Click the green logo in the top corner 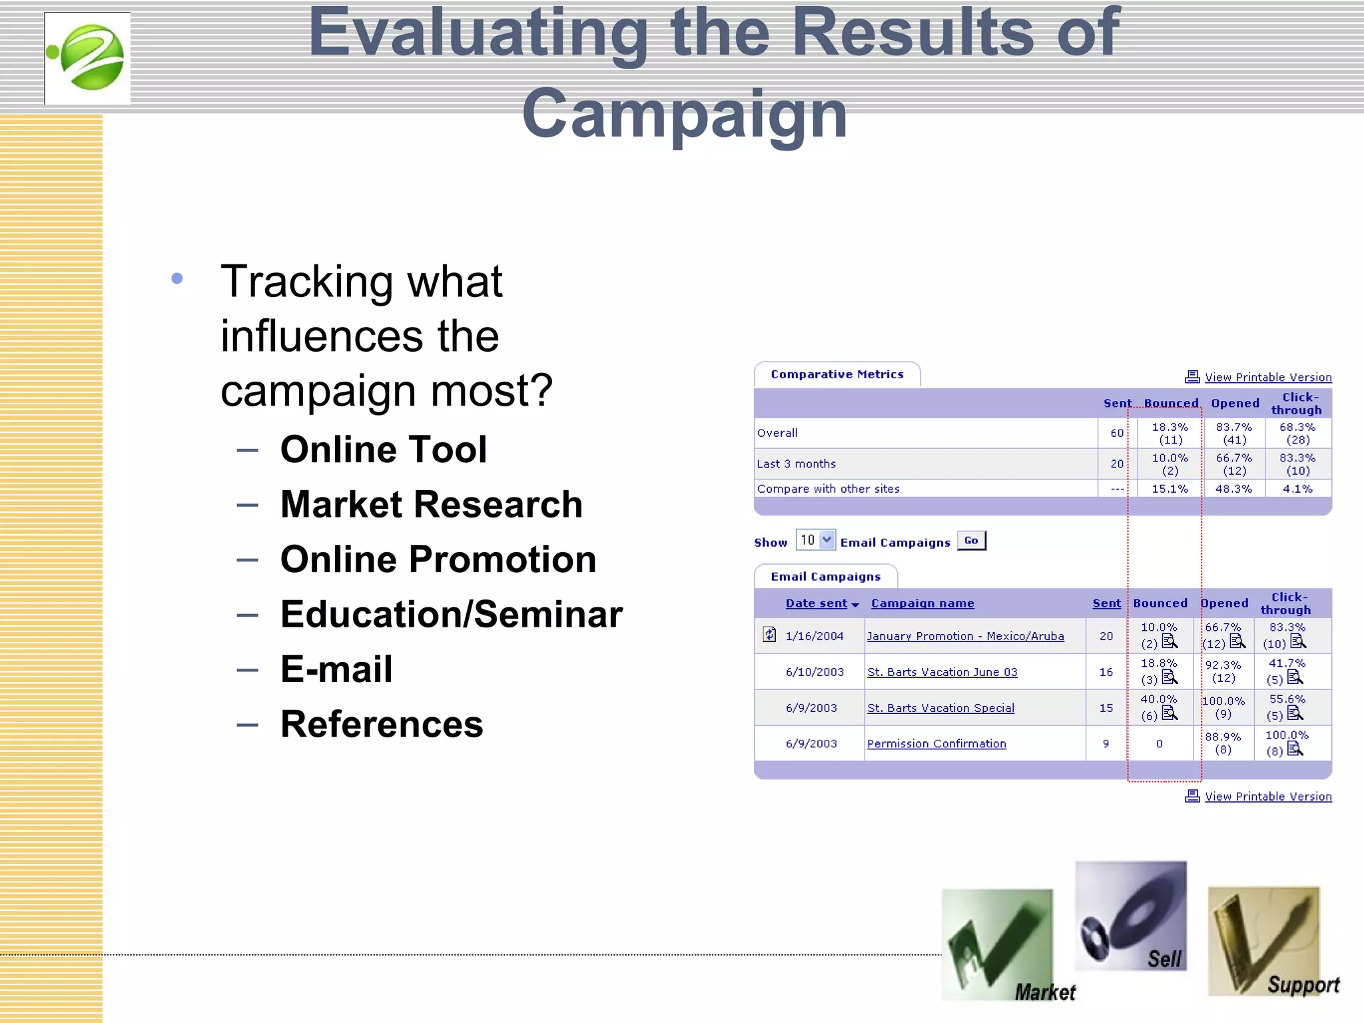87,59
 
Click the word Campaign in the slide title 684,115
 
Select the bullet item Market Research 431,504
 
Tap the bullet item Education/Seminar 451,614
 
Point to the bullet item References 381,724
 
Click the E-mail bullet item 336,669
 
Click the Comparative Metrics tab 837,375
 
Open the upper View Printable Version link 1267,378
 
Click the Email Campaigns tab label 825,577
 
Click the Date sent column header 817,603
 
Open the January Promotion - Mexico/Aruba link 965,636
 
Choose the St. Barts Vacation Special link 940,708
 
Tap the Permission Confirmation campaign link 936,744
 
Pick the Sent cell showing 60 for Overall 1117,433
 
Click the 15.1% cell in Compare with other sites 1170,489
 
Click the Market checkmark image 997,944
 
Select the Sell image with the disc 1130,916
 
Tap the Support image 1263,941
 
